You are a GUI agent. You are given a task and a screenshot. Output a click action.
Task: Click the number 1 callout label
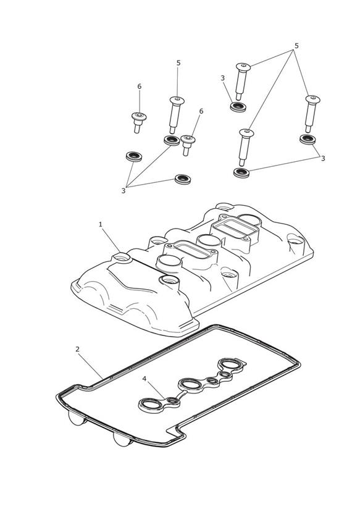click(x=100, y=224)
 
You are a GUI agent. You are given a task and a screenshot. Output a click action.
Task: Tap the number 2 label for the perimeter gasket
click(x=77, y=349)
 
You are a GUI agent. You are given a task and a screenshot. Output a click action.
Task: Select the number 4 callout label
click(x=144, y=379)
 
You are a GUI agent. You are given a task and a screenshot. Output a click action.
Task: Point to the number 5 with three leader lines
click(x=296, y=46)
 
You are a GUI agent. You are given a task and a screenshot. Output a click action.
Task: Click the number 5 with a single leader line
click(x=178, y=63)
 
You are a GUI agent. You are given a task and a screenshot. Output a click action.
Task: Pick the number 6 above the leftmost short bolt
click(x=140, y=86)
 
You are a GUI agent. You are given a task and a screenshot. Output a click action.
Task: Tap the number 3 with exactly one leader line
click(x=222, y=78)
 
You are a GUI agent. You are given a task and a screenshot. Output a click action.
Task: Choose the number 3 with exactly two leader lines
click(x=323, y=158)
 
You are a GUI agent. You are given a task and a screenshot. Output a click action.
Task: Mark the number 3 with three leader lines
click(x=123, y=191)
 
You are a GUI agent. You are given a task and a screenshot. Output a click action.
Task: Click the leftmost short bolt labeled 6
click(x=138, y=122)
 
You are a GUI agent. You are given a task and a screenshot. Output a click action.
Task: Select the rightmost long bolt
click(x=312, y=113)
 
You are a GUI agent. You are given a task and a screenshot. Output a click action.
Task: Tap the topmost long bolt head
click(x=243, y=67)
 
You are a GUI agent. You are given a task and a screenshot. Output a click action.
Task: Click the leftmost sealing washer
click(x=134, y=156)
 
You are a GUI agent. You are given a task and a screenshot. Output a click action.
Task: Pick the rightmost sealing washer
click(x=308, y=139)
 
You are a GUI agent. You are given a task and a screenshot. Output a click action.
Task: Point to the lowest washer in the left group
click(x=183, y=179)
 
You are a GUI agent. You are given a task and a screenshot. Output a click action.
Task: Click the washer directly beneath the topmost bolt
click(x=238, y=106)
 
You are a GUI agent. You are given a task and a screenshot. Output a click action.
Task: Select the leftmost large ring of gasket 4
click(x=150, y=405)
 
